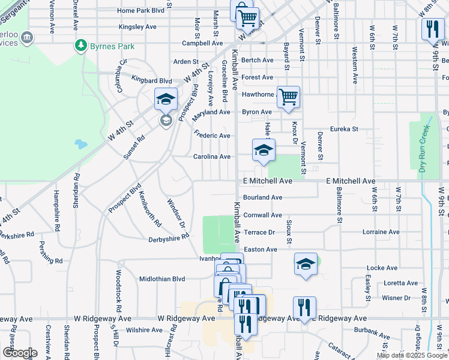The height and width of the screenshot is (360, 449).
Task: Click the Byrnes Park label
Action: (112, 46)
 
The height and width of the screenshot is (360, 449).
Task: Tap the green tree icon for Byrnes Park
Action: (80, 46)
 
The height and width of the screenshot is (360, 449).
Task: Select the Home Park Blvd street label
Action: (141, 11)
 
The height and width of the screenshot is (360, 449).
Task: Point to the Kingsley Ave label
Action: (137, 27)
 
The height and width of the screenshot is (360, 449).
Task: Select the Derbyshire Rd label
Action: (169, 239)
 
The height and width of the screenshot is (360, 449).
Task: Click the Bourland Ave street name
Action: (262, 197)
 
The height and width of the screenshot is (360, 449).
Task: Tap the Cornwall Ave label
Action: (262, 215)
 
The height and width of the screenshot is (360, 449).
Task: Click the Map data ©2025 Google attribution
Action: (412, 355)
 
